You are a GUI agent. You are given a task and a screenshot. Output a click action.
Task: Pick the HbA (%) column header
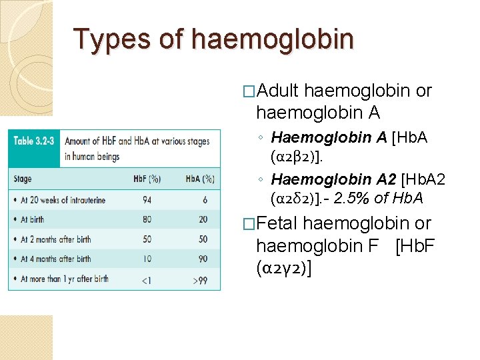200,179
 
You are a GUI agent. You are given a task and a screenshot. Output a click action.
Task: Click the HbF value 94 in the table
146,199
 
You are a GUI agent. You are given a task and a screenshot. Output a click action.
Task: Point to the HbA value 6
204,199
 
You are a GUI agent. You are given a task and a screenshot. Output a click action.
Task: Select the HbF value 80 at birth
146,219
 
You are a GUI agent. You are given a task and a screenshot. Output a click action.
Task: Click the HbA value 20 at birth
202,219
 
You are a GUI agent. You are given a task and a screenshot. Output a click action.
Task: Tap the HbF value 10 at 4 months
146,259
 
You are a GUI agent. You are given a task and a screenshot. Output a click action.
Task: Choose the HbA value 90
202,259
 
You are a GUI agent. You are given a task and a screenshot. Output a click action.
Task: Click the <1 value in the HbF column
145,280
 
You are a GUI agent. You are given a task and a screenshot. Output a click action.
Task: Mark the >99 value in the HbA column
200,280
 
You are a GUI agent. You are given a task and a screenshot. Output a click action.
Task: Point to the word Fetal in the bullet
277,223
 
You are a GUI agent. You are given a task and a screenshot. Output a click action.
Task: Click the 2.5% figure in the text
350,199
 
